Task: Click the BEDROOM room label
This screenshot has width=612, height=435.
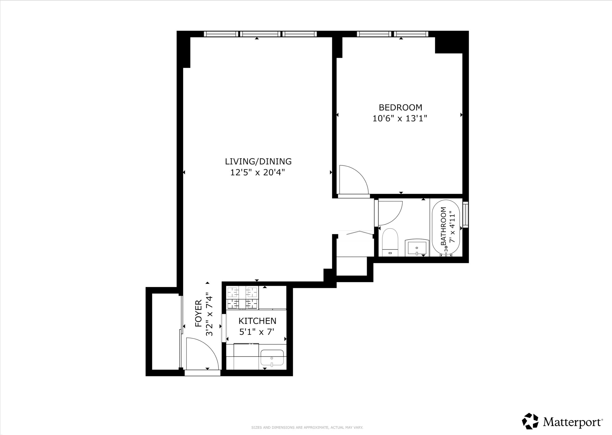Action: pyautogui.click(x=400, y=107)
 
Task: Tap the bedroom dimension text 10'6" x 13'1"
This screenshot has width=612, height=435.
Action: pyautogui.click(x=400, y=118)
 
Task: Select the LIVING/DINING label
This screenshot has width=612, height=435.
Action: pyautogui.click(x=258, y=161)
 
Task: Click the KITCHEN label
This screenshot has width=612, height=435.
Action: pyautogui.click(x=257, y=321)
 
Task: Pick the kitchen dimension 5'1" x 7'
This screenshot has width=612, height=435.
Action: pyautogui.click(x=257, y=332)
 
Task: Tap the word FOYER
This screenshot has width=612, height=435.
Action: pyautogui.click(x=199, y=313)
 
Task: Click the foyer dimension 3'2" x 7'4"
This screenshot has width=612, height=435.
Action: pyautogui.click(x=209, y=315)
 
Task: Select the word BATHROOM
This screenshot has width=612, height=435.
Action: pyautogui.click(x=443, y=226)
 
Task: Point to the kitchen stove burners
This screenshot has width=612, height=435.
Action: pyautogui.click(x=242, y=298)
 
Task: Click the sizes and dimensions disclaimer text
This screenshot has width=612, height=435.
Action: pyautogui.click(x=307, y=428)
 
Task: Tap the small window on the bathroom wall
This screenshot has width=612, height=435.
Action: pyautogui.click(x=465, y=215)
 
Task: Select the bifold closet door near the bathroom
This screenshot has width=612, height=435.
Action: pyautogui.click(x=356, y=233)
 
